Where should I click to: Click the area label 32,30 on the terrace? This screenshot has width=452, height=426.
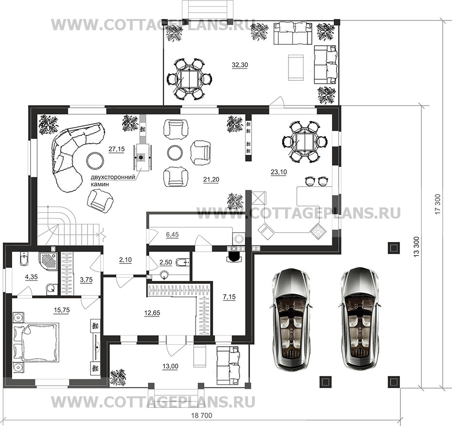[240, 65]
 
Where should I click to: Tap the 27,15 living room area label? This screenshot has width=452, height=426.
[116, 149]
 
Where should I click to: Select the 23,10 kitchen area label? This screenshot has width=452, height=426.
[279, 172]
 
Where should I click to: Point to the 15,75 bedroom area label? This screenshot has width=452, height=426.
[62, 310]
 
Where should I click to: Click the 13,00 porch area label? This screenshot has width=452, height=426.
[170, 367]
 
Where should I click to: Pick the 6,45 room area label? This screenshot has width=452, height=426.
[172, 235]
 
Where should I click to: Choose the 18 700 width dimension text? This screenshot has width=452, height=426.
[201, 416]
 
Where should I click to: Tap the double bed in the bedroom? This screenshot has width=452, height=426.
[36, 342]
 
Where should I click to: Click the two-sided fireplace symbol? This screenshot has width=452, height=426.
[141, 157]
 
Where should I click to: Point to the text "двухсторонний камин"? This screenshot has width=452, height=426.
[113, 181]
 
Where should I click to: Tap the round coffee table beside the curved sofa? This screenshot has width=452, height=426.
[95, 160]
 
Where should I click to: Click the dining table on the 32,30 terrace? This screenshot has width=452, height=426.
[189, 79]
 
